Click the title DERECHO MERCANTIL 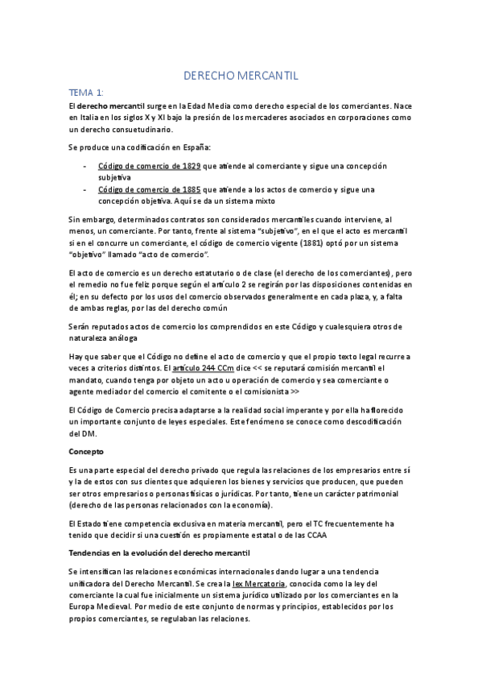pyautogui.click(x=241, y=76)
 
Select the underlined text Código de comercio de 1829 pyautogui.click(x=150, y=166)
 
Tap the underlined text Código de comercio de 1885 pyautogui.click(x=150, y=189)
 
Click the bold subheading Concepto pyautogui.click(x=86, y=452)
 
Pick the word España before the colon pyautogui.click(x=194, y=147)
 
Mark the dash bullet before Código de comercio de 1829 pyautogui.click(x=86, y=166)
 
